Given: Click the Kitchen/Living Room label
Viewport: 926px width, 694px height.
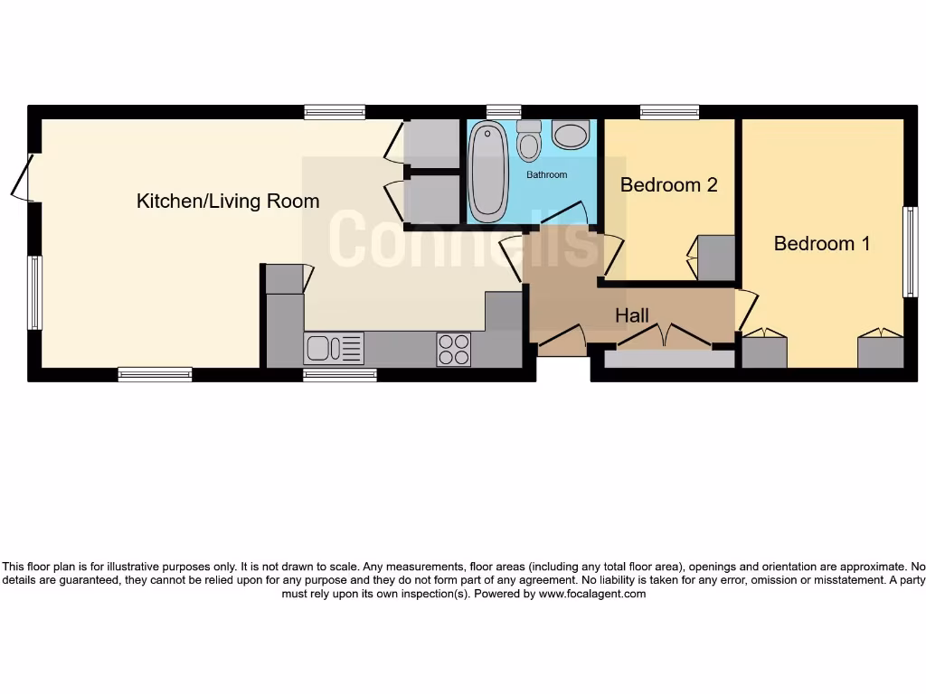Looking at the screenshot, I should click(228, 201).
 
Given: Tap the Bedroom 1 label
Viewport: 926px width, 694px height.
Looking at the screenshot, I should click(822, 243).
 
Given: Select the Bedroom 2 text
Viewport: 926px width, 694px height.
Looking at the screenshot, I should click(668, 185).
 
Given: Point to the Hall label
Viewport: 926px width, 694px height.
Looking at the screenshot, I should click(632, 316).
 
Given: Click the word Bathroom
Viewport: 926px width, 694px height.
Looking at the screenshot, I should click(547, 174).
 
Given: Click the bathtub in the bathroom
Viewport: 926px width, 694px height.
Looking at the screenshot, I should click(488, 173).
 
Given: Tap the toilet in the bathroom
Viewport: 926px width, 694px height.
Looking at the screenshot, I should click(529, 141).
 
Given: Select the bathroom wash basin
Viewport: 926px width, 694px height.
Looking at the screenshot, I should click(571, 136).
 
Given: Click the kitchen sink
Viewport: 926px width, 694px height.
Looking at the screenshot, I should click(334, 348).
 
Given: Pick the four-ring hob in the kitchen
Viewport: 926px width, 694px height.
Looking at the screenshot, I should click(454, 349).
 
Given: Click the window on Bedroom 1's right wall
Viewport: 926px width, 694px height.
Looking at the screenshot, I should click(910, 252).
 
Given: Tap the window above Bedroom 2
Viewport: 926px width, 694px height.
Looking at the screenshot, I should click(669, 112).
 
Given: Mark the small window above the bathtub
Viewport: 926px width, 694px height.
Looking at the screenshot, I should click(503, 112).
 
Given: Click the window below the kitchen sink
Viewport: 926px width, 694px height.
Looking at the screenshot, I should click(340, 375).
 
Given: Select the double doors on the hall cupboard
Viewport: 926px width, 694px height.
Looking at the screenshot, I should click(665, 336).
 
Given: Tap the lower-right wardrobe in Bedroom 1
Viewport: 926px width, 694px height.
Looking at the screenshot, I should click(880, 352).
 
